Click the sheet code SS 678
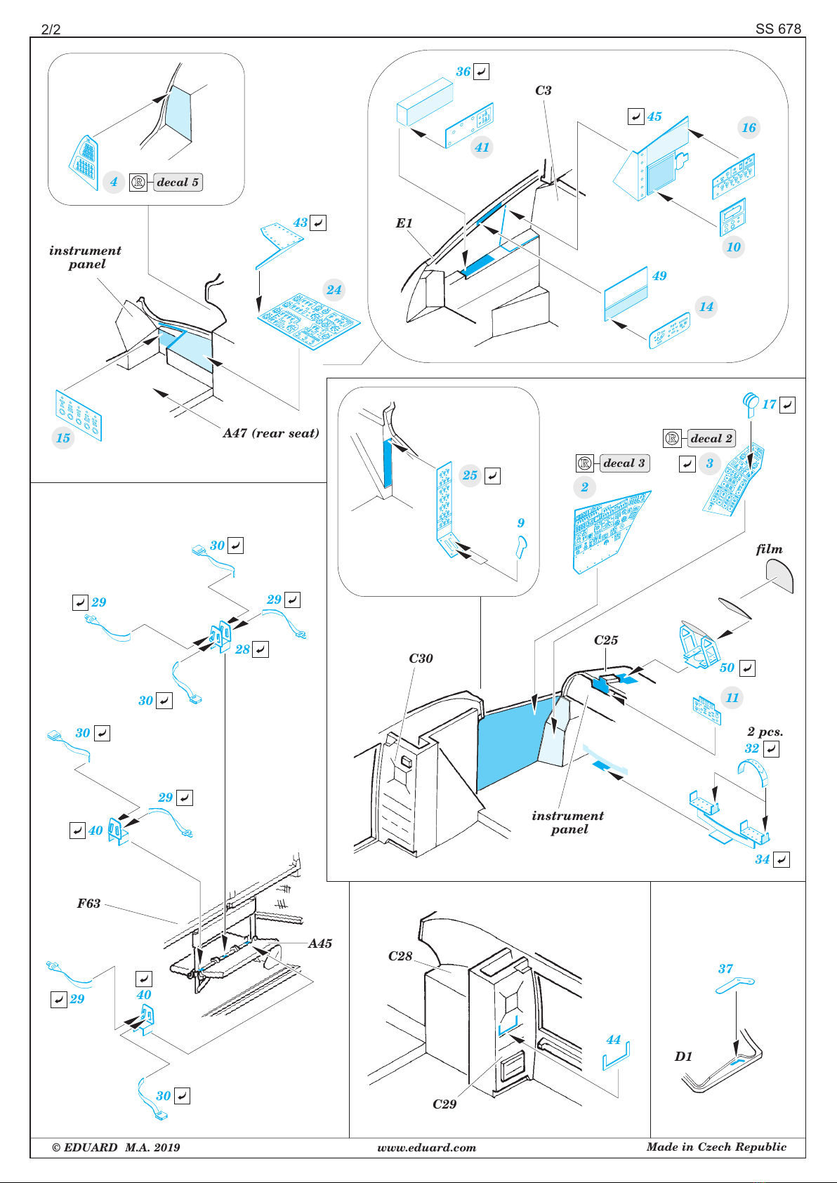point(778,29)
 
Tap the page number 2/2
point(51,29)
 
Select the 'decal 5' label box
point(178,183)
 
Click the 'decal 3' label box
point(624,463)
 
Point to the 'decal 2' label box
point(711,438)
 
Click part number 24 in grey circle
point(334,289)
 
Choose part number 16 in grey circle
point(749,127)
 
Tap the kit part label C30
point(421,659)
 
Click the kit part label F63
point(88,904)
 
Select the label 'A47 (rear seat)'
point(271,434)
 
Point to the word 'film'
point(770,549)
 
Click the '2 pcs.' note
point(765,732)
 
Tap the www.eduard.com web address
point(427,1148)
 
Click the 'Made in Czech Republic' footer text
point(717,1147)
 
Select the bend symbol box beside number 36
point(481,72)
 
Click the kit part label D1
point(683,1056)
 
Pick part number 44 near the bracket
point(613,1040)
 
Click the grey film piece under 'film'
point(780,576)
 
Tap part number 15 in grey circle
point(63,438)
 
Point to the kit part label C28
point(400,956)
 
